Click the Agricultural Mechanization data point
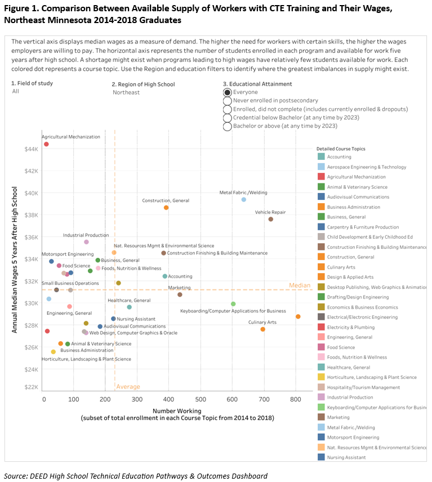click(x=46, y=144)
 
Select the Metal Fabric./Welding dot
click(x=244, y=199)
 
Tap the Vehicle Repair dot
click(x=270, y=219)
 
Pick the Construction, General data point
click(x=166, y=208)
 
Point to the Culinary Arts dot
click(x=263, y=329)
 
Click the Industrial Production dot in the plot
click(x=86, y=242)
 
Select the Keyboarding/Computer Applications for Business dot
click(x=233, y=304)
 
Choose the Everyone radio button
click(x=228, y=92)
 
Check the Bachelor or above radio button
click(x=228, y=126)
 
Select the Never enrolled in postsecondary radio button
click(x=228, y=101)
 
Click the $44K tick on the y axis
click(x=30, y=149)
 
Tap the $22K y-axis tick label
click(x=30, y=387)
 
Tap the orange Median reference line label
click(x=300, y=285)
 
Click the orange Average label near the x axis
click(x=128, y=387)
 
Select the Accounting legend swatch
click(x=320, y=157)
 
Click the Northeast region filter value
click(x=126, y=92)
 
